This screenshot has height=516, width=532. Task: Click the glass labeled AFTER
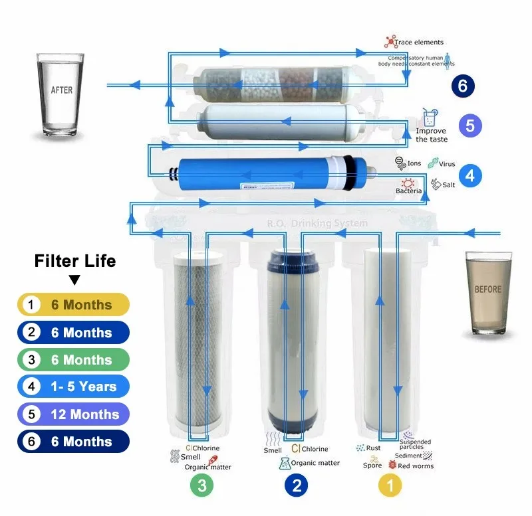point(62,96)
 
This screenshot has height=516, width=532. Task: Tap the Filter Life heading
point(75,261)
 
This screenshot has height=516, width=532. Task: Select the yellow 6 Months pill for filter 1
point(73,305)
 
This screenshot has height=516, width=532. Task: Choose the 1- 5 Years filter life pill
point(73,387)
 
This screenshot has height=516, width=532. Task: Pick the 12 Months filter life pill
point(73,414)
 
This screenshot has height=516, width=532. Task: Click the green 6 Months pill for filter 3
point(73,359)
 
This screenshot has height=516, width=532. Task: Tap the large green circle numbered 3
point(202,486)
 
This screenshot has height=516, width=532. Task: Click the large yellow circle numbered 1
point(390,486)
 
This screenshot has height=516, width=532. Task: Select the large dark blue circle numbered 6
point(462,86)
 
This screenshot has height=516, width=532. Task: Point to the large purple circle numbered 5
point(470,126)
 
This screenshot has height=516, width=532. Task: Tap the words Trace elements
point(419,43)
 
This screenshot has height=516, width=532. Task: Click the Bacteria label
point(409,191)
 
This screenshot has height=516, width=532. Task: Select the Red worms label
point(416,466)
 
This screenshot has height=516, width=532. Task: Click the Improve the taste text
point(432,135)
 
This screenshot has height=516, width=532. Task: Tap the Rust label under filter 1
point(373,448)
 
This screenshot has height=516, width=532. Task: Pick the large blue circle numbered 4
point(470,175)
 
